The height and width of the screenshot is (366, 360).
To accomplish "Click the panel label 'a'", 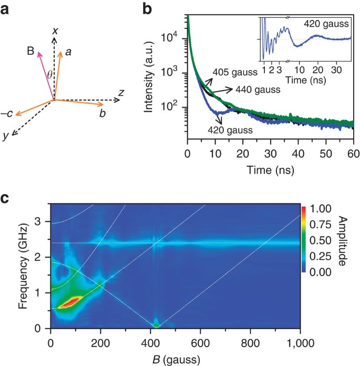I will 9,9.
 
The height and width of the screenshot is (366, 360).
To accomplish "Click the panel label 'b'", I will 149,9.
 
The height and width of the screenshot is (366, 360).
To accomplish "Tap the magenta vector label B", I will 31,52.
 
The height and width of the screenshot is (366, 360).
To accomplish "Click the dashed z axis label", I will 121,93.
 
